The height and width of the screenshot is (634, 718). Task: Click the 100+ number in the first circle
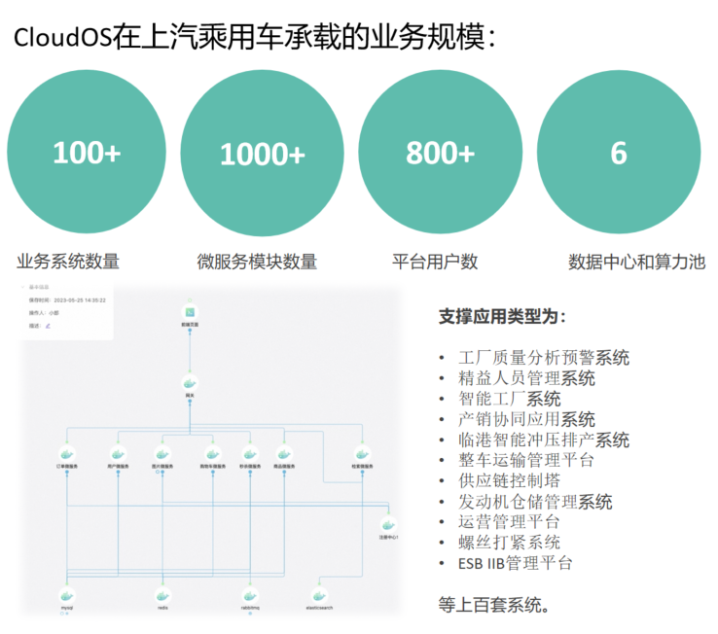(87, 154)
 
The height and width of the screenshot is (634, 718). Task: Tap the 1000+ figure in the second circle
(262, 155)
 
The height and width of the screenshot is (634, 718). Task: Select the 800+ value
(440, 154)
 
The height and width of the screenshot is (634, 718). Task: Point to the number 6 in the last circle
(618, 154)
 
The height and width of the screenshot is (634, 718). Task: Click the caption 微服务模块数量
(257, 262)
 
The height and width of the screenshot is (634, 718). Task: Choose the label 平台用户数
(435, 262)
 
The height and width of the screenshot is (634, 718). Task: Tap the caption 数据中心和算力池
(636, 262)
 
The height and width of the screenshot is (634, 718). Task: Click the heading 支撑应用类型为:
(502, 317)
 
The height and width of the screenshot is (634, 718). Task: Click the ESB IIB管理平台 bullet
(515, 563)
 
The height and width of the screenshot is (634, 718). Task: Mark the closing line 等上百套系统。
(495, 604)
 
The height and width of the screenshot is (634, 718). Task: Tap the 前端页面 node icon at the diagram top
(190, 313)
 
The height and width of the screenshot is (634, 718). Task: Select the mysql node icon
(67, 594)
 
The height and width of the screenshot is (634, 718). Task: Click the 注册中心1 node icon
(388, 523)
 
